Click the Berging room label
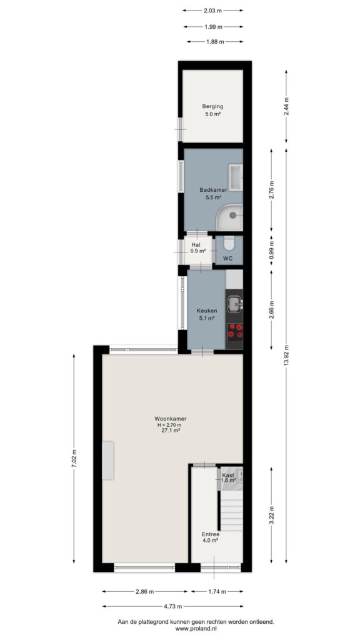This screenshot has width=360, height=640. click(x=212, y=106)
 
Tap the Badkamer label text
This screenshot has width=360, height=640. click(x=213, y=190)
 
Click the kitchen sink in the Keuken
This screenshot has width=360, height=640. click(x=234, y=304)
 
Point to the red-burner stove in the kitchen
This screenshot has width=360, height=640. click(x=234, y=331)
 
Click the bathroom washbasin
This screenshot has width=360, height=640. click(x=236, y=177)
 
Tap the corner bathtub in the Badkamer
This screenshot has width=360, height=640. click(x=229, y=218)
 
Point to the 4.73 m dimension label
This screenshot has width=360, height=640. click(x=172, y=606)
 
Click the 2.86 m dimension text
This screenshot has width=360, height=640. click(x=145, y=591)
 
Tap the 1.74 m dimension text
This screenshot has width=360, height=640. click(x=217, y=591)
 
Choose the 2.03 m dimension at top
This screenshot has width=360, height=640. click(x=212, y=11)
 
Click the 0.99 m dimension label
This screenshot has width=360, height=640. click(x=272, y=250)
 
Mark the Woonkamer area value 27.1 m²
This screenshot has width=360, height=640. click(x=171, y=430)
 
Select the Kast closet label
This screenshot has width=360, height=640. click(x=227, y=475)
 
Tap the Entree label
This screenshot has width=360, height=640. click(x=211, y=534)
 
